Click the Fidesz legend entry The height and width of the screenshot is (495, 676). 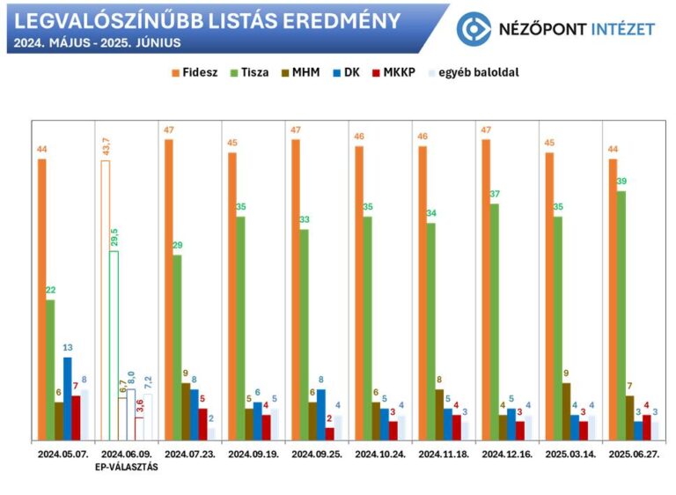point(195,72)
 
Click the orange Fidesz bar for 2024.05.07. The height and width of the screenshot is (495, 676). point(41,299)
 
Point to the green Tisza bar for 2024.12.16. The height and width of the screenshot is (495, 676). point(495,321)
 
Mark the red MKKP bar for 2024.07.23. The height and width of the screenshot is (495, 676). point(202,424)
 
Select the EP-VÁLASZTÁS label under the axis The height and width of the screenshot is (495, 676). point(128,467)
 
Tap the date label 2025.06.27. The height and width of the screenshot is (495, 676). point(634,454)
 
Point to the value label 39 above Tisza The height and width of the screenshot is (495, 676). point(621,181)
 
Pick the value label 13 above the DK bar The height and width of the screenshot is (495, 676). point(67,347)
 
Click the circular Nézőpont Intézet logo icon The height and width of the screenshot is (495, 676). point(474,28)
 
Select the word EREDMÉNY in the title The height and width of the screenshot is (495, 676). point(346,20)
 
